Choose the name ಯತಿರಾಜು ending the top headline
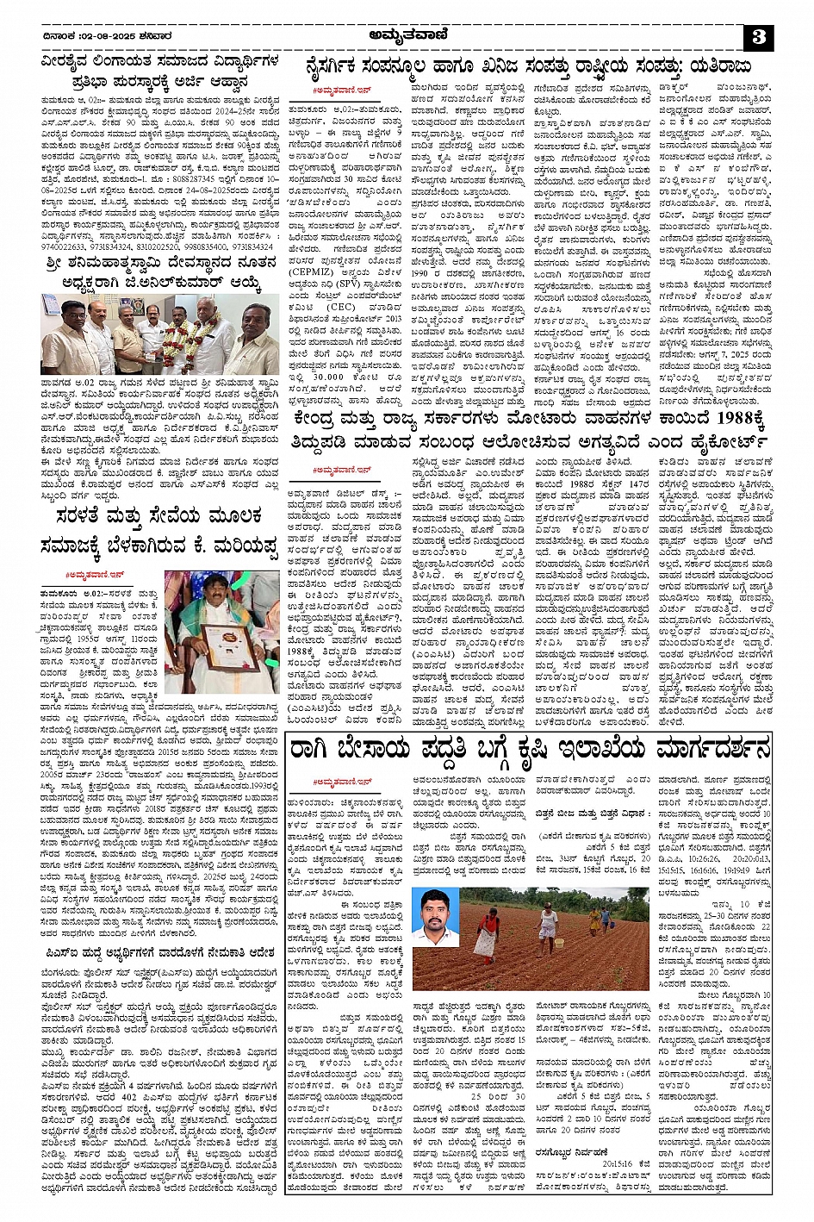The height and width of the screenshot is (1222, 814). pos(714,66)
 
